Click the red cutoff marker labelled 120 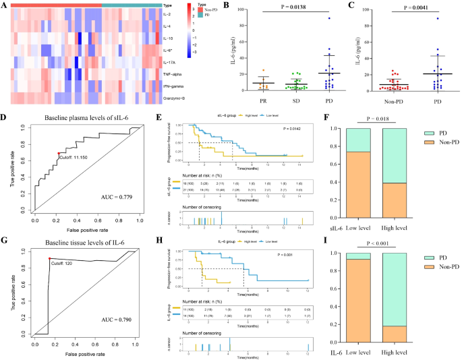click(x=49, y=258)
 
